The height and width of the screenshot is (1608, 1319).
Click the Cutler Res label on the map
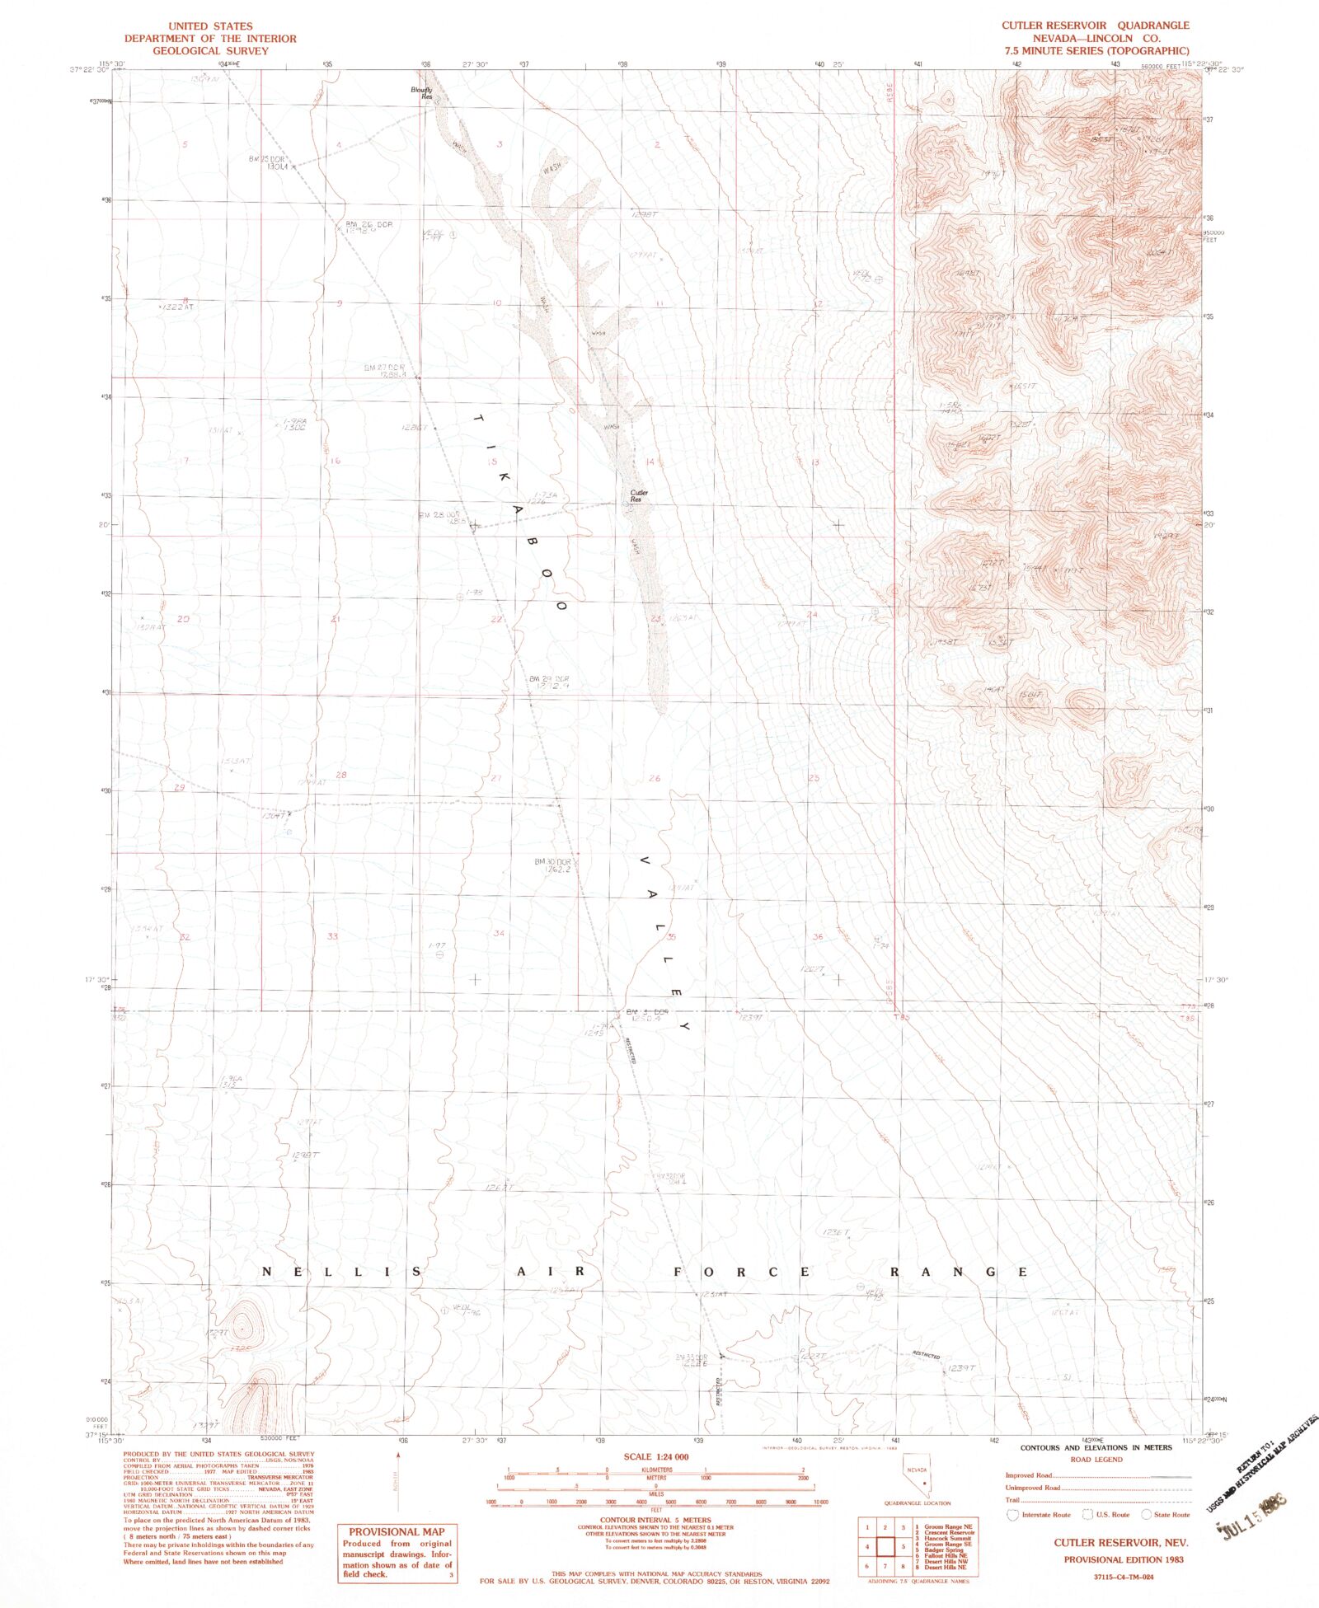638,496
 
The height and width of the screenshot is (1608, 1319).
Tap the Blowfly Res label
422,93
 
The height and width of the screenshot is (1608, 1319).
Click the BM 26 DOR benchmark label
368,224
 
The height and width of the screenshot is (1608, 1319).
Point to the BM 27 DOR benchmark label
384,367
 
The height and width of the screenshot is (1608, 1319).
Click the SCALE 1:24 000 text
655,1457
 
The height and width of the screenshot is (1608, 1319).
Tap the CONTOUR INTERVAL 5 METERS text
655,1520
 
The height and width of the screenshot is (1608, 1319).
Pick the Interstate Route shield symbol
1012,1515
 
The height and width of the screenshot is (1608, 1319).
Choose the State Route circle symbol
1146,1515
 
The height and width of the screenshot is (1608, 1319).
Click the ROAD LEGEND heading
1096,1460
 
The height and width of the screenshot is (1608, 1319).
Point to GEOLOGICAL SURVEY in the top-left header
210,51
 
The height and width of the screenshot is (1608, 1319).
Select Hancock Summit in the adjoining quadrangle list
947,1539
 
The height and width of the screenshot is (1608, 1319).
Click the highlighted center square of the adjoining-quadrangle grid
885,1546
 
